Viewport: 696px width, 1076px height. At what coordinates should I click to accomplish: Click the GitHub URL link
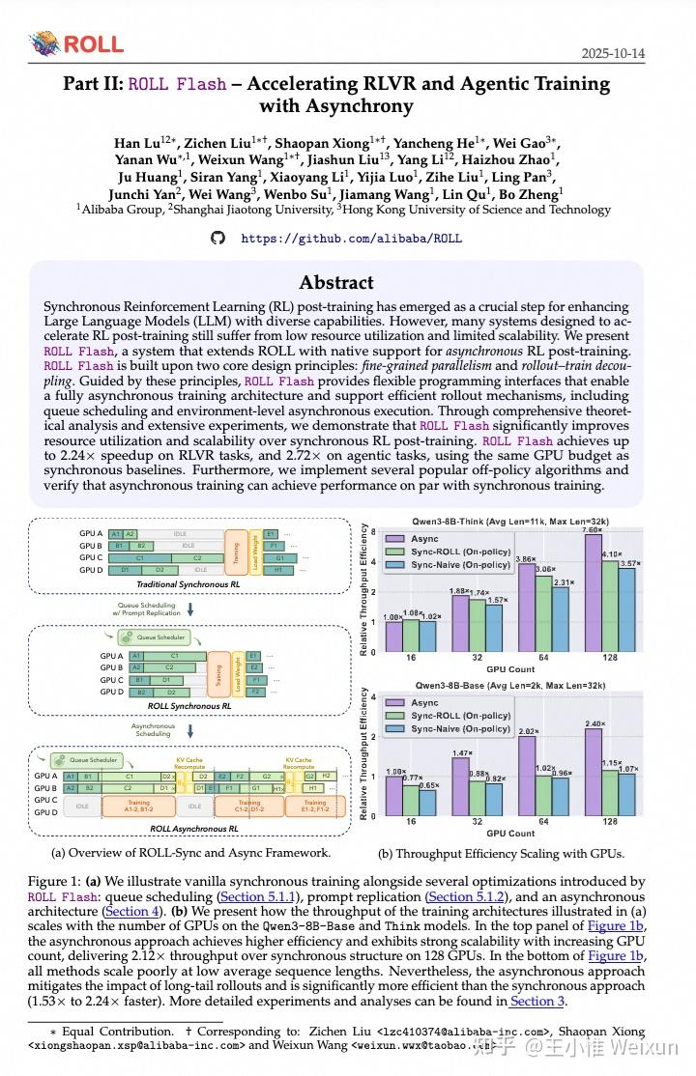click(x=351, y=238)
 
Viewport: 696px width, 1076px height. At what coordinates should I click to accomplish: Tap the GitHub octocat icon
click(x=217, y=238)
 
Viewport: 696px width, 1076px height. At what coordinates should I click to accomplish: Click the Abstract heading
click(x=336, y=282)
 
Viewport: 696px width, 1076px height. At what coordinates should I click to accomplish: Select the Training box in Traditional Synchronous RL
click(x=235, y=552)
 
